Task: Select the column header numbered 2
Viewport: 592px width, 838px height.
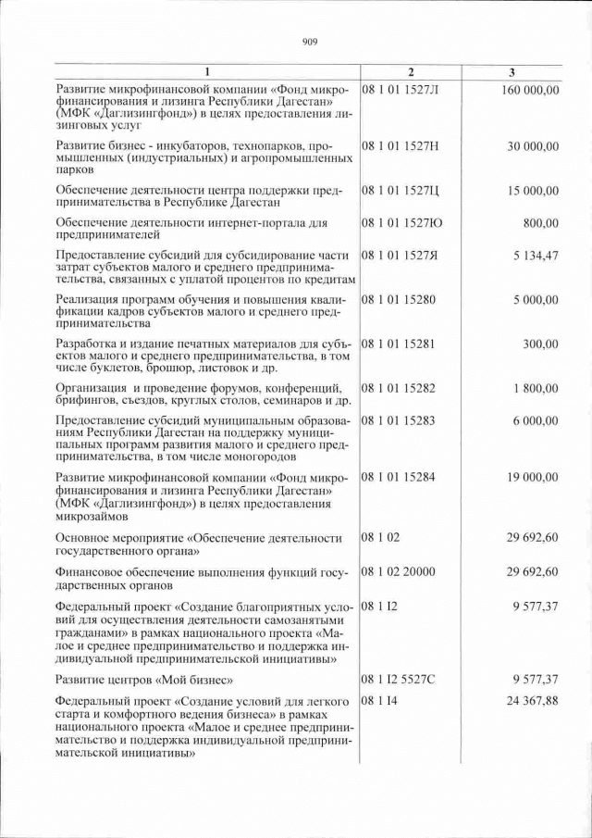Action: coord(412,72)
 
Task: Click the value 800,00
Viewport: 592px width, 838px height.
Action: coord(540,223)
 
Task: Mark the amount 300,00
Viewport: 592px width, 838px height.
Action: coord(540,344)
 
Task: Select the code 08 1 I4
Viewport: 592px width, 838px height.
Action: coord(376,703)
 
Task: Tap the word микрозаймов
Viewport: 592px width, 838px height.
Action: coord(92,516)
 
